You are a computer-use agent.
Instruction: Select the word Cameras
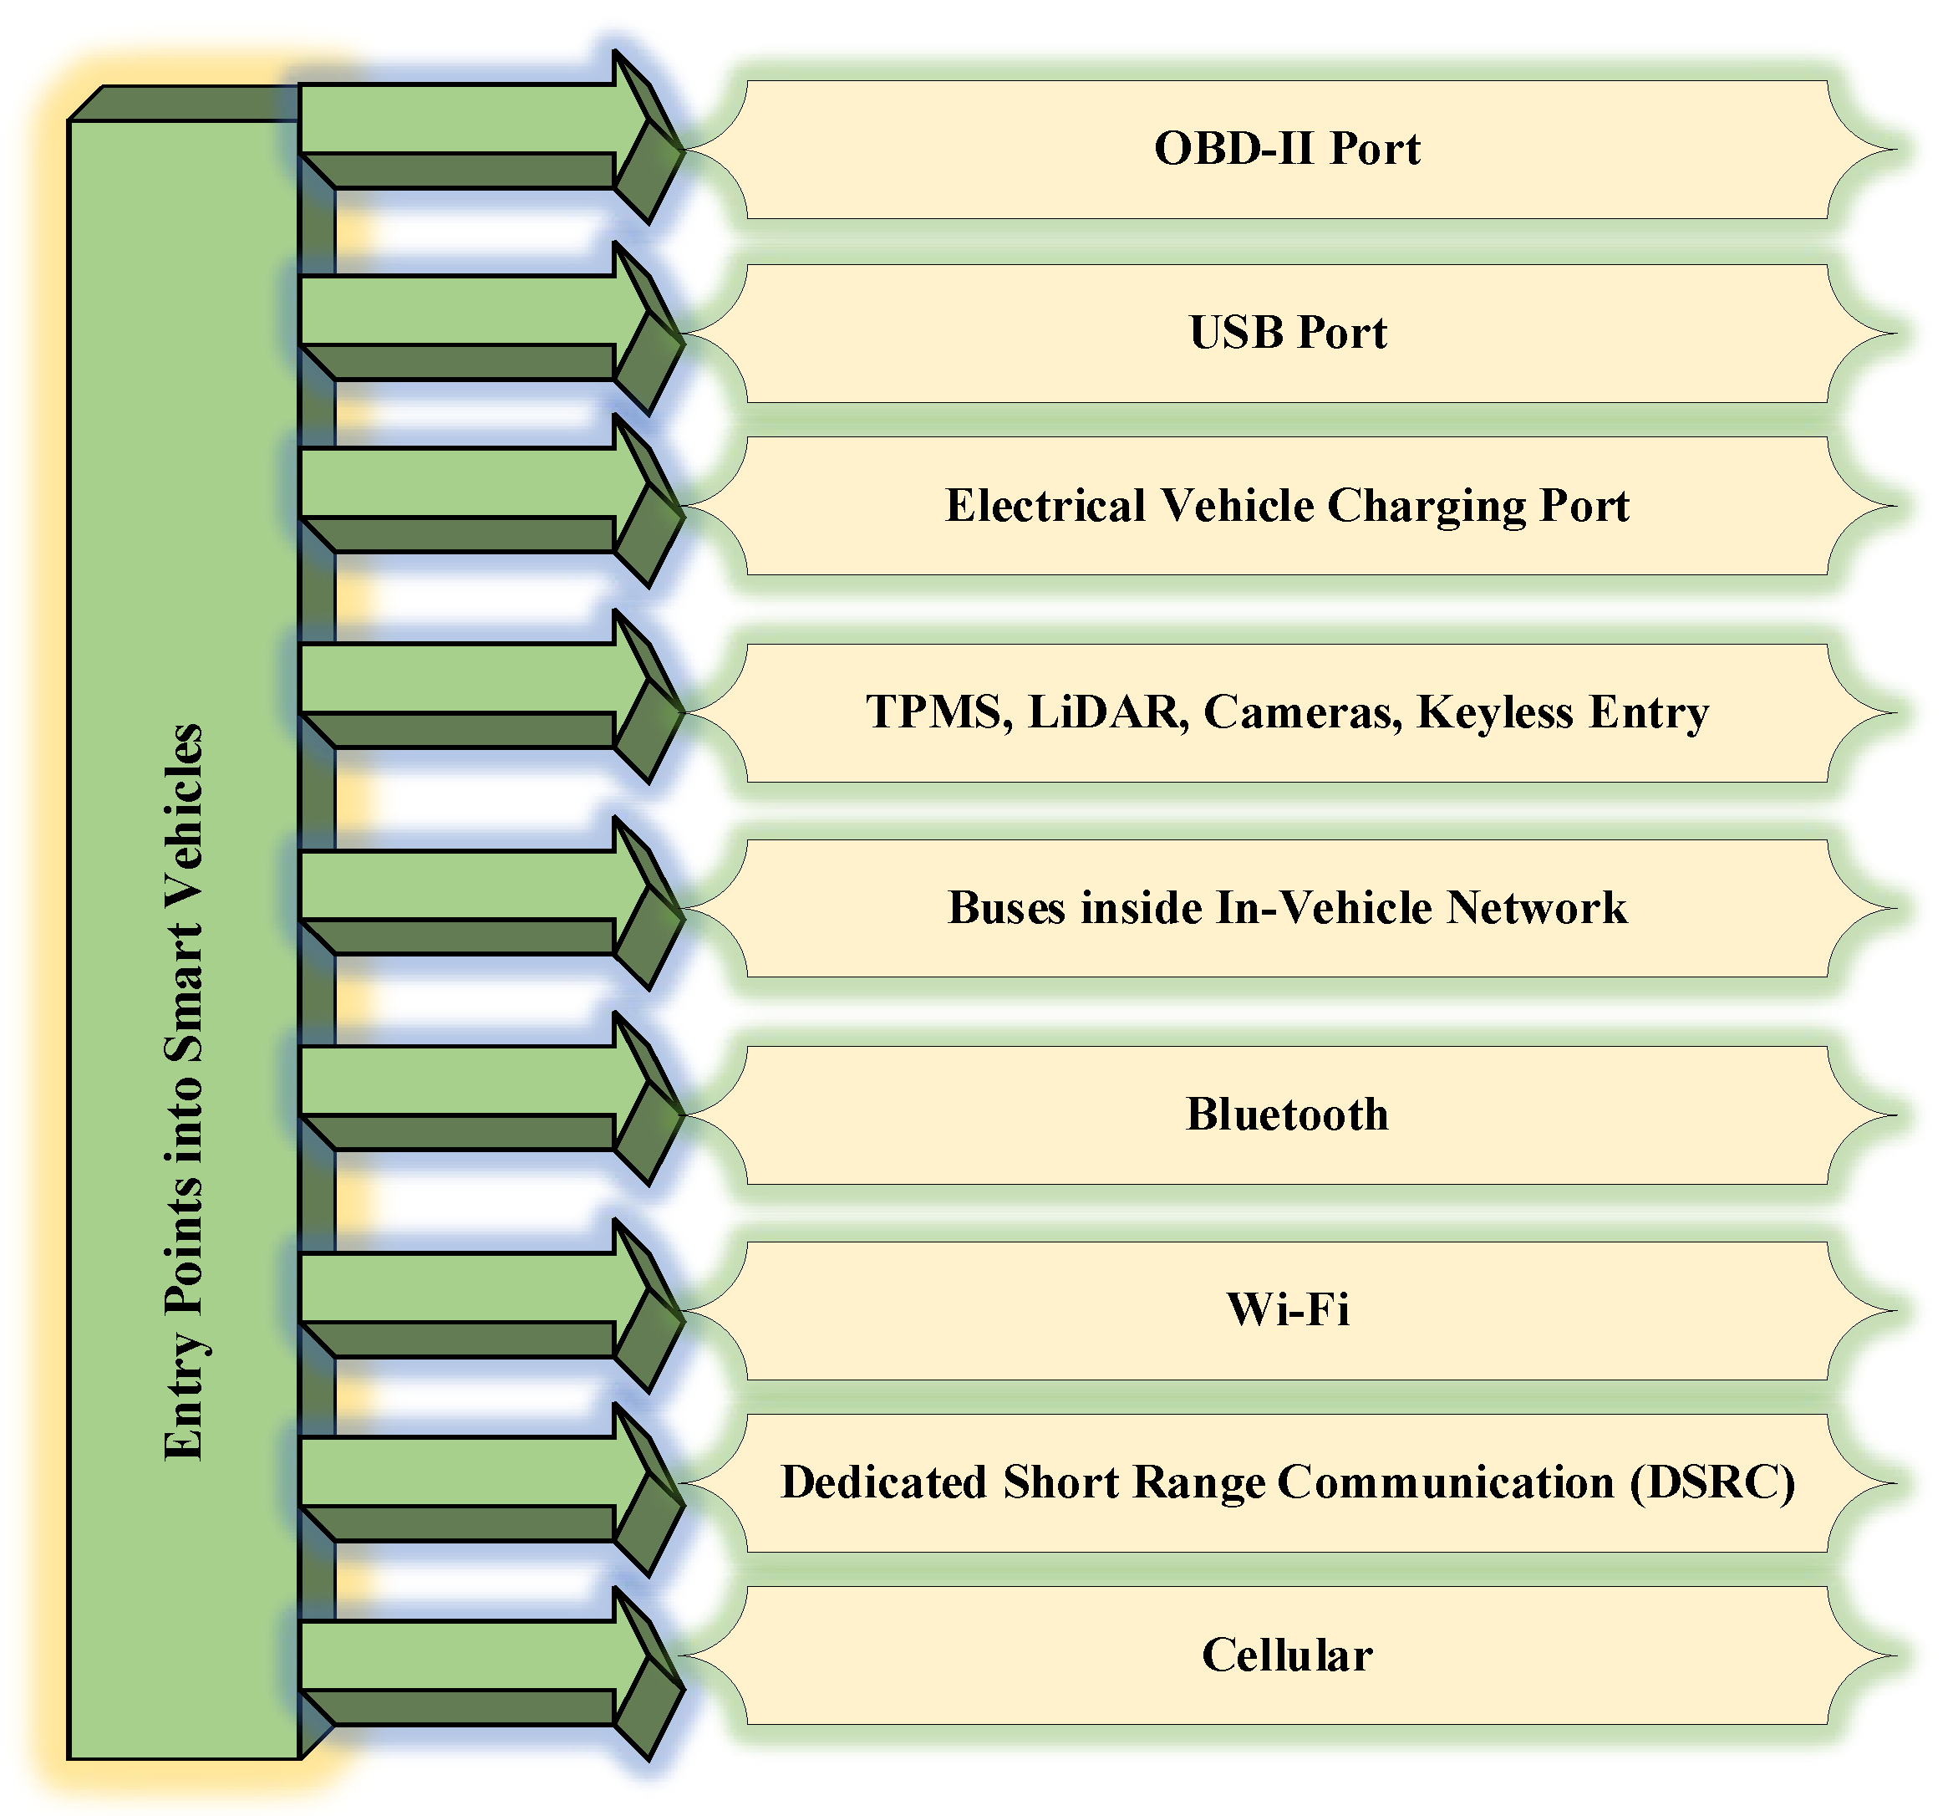pyautogui.click(x=1303, y=712)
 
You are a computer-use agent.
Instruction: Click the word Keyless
pyautogui.click(x=1494, y=712)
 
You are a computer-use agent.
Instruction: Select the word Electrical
pyautogui.click(x=1045, y=506)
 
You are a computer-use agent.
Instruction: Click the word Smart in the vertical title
pyautogui.click(x=184, y=992)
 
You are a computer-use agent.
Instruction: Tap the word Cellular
pyautogui.click(x=1287, y=1655)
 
